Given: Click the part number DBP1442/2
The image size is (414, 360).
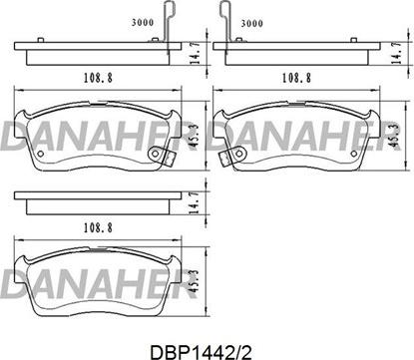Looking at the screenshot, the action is pos(201,352).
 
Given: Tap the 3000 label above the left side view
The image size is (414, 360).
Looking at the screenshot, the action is pos(143,23).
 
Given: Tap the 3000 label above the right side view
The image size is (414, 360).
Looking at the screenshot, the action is pos(251,23).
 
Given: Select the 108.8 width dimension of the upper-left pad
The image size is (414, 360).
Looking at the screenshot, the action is pos(98,78).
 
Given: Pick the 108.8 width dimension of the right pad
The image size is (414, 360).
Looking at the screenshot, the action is pos(296,78).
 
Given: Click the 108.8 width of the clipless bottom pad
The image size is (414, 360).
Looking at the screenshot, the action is pos(98,228).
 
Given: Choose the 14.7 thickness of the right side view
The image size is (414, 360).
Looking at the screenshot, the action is pos(396,53).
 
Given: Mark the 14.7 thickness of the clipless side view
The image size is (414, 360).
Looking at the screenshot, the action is pos(194,202).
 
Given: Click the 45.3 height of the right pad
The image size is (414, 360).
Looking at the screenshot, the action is pos(394,136).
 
